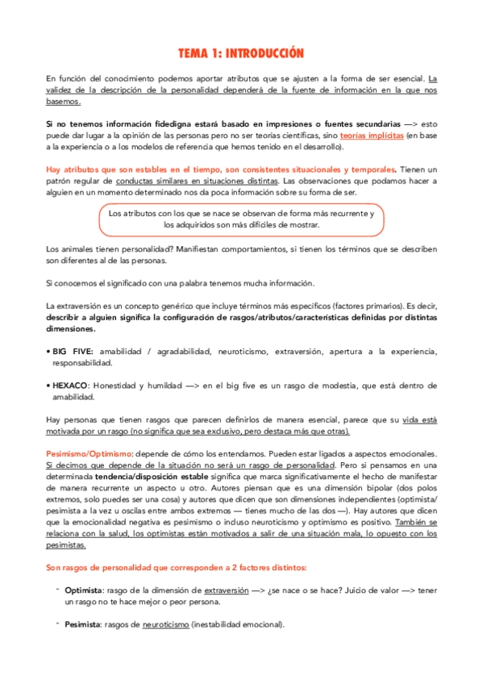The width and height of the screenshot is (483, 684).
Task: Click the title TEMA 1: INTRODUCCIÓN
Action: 241,53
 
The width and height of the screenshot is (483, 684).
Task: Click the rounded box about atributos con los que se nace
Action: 241,219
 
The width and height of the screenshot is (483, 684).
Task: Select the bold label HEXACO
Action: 72,386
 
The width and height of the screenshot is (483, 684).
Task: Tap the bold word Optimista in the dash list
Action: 83,590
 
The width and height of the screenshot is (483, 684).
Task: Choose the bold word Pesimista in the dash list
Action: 82,624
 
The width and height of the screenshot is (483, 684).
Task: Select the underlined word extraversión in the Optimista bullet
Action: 225,590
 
